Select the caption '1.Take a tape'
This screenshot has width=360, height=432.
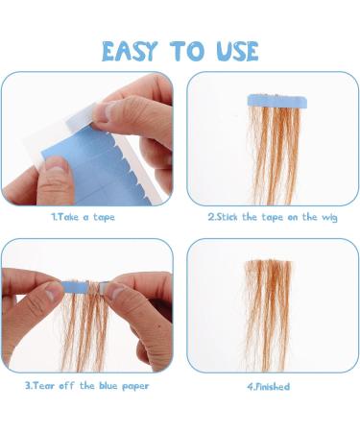pyautogui.click(x=85, y=217)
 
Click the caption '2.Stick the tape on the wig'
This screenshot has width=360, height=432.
pyautogui.click(x=273, y=217)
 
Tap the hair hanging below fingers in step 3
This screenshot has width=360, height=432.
pyautogui.click(x=86, y=331)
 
